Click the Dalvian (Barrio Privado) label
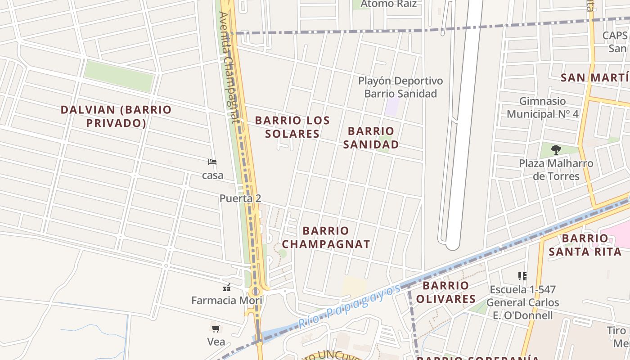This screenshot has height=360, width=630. (116, 116)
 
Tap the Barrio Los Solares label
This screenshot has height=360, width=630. (292, 127)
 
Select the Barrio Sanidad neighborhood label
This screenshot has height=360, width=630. (371, 138)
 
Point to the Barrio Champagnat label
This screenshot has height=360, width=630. (326, 238)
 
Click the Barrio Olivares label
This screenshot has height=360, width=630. (445, 292)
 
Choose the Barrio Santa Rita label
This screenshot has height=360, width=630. (585, 245)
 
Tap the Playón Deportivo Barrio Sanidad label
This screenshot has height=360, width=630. (400, 87)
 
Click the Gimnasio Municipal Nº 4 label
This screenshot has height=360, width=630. (542, 108)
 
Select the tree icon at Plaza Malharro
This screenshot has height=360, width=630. (556, 150)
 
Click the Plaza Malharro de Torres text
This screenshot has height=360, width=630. (556, 170)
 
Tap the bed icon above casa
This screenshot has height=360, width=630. (212, 162)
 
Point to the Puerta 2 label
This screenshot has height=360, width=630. (240, 198)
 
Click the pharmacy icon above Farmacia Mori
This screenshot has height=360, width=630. (227, 287)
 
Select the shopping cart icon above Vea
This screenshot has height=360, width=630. (216, 328)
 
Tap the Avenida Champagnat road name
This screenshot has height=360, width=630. (229, 67)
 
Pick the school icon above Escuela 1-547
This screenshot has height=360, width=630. (522, 276)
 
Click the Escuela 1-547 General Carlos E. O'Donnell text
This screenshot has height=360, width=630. (522, 302)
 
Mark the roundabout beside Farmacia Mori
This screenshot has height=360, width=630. (256, 292)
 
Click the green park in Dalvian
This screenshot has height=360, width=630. (119, 76)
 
